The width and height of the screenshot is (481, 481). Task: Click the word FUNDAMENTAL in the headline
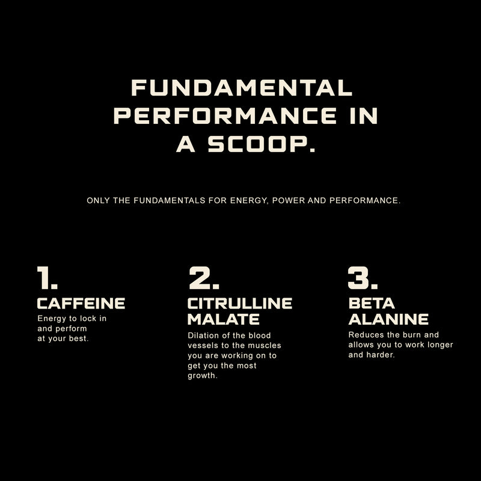click(x=242, y=88)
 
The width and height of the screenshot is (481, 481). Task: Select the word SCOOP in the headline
click(x=261, y=144)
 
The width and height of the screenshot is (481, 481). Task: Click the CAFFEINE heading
click(x=81, y=303)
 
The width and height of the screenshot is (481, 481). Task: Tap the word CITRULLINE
click(x=240, y=303)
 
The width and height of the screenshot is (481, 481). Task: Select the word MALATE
click(x=224, y=319)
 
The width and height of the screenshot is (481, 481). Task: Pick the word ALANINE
click(x=388, y=319)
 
